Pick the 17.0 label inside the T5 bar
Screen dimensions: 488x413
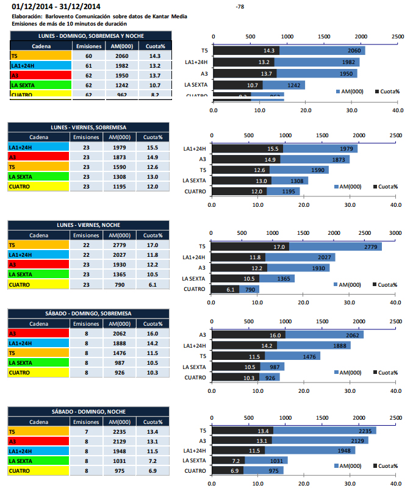click(x=279, y=247)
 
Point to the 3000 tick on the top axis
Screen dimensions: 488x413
click(x=395, y=233)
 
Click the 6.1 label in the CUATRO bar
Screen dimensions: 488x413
click(x=231, y=289)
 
